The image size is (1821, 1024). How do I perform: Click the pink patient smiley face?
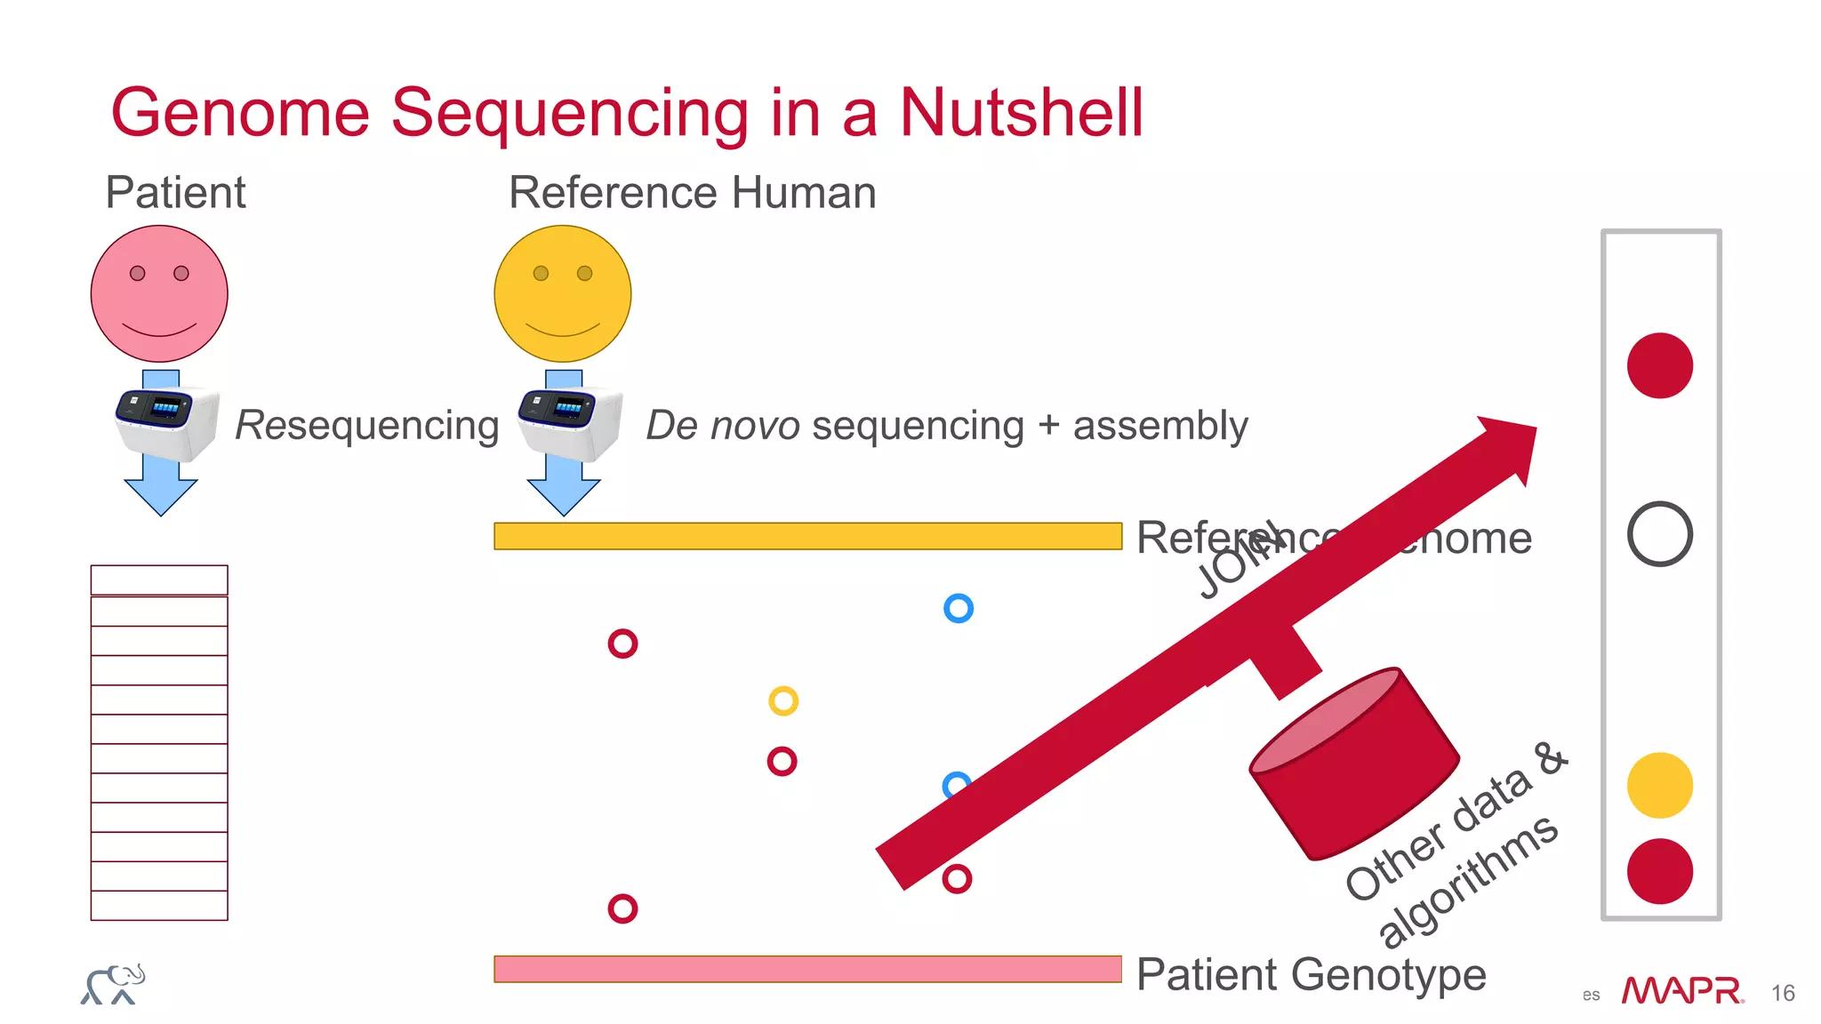click(x=159, y=293)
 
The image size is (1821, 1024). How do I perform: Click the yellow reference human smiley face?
click(x=562, y=293)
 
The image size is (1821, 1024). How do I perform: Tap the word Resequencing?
click(x=366, y=425)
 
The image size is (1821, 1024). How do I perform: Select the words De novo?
click(x=722, y=425)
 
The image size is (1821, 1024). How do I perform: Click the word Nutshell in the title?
click(x=1021, y=113)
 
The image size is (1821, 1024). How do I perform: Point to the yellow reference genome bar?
click(x=807, y=536)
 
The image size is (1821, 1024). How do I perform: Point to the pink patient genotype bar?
click(x=807, y=969)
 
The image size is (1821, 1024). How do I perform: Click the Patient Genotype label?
click(x=1311, y=974)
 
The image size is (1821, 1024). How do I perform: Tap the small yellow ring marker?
click(x=783, y=701)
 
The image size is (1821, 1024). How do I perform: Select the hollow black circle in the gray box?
click(x=1659, y=534)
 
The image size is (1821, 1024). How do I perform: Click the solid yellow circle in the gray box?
click(x=1659, y=786)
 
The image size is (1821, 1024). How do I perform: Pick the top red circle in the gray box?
click(x=1659, y=365)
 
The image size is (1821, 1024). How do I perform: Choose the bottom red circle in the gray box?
click(x=1659, y=871)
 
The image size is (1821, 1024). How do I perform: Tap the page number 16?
click(x=1782, y=993)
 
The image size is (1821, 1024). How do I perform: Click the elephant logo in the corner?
click(x=113, y=984)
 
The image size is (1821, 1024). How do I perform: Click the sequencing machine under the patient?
click(x=166, y=422)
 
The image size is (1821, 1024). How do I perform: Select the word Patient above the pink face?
click(x=175, y=192)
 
